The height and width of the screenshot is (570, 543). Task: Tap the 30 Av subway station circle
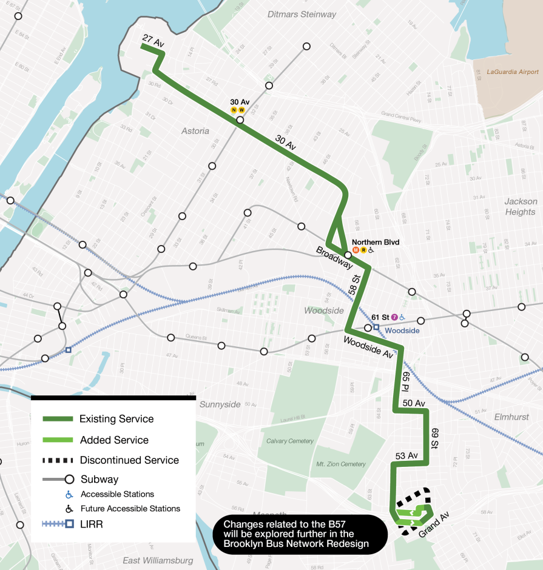tap(240, 120)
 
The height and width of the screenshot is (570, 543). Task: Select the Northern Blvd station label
tap(376, 241)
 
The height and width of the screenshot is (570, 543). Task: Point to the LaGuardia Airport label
tap(513, 72)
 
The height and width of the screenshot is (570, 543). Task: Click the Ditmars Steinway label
tap(302, 14)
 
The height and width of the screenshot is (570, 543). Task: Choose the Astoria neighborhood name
tap(195, 131)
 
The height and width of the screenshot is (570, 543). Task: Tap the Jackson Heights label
tap(520, 206)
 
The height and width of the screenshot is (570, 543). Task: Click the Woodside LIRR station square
tap(376, 327)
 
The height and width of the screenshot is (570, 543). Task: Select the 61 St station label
tap(380, 317)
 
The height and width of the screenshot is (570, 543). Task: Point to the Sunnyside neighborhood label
tap(220, 404)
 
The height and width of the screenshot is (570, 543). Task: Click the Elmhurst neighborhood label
tap(511, 417)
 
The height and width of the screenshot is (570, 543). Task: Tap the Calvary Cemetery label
tap(290, 441)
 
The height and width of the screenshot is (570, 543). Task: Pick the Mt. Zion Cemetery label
tap(341, 464)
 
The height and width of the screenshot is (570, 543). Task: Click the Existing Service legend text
tap(116, 419)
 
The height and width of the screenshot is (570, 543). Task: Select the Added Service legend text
tap(114, 440)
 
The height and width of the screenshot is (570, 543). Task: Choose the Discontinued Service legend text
tap(129, 460)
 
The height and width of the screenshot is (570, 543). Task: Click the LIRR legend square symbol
tap(70, 523)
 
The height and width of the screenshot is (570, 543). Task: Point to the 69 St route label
tap(434, 438)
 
